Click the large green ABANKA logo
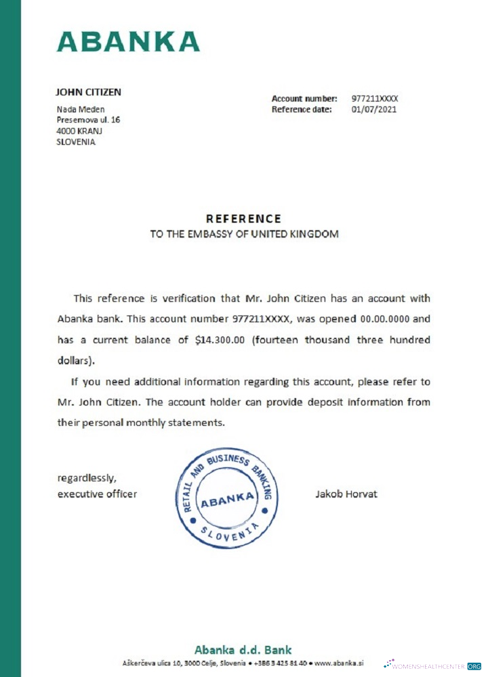128,41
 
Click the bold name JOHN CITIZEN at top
88,92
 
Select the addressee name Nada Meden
79,109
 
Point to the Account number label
304,99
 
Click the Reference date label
302,109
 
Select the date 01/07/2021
374,109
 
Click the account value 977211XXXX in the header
375,99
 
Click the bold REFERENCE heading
243,219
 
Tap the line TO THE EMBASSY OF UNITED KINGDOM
243,234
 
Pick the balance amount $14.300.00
220,340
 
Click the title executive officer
97,494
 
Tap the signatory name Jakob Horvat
346,494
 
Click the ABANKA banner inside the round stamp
226,502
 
